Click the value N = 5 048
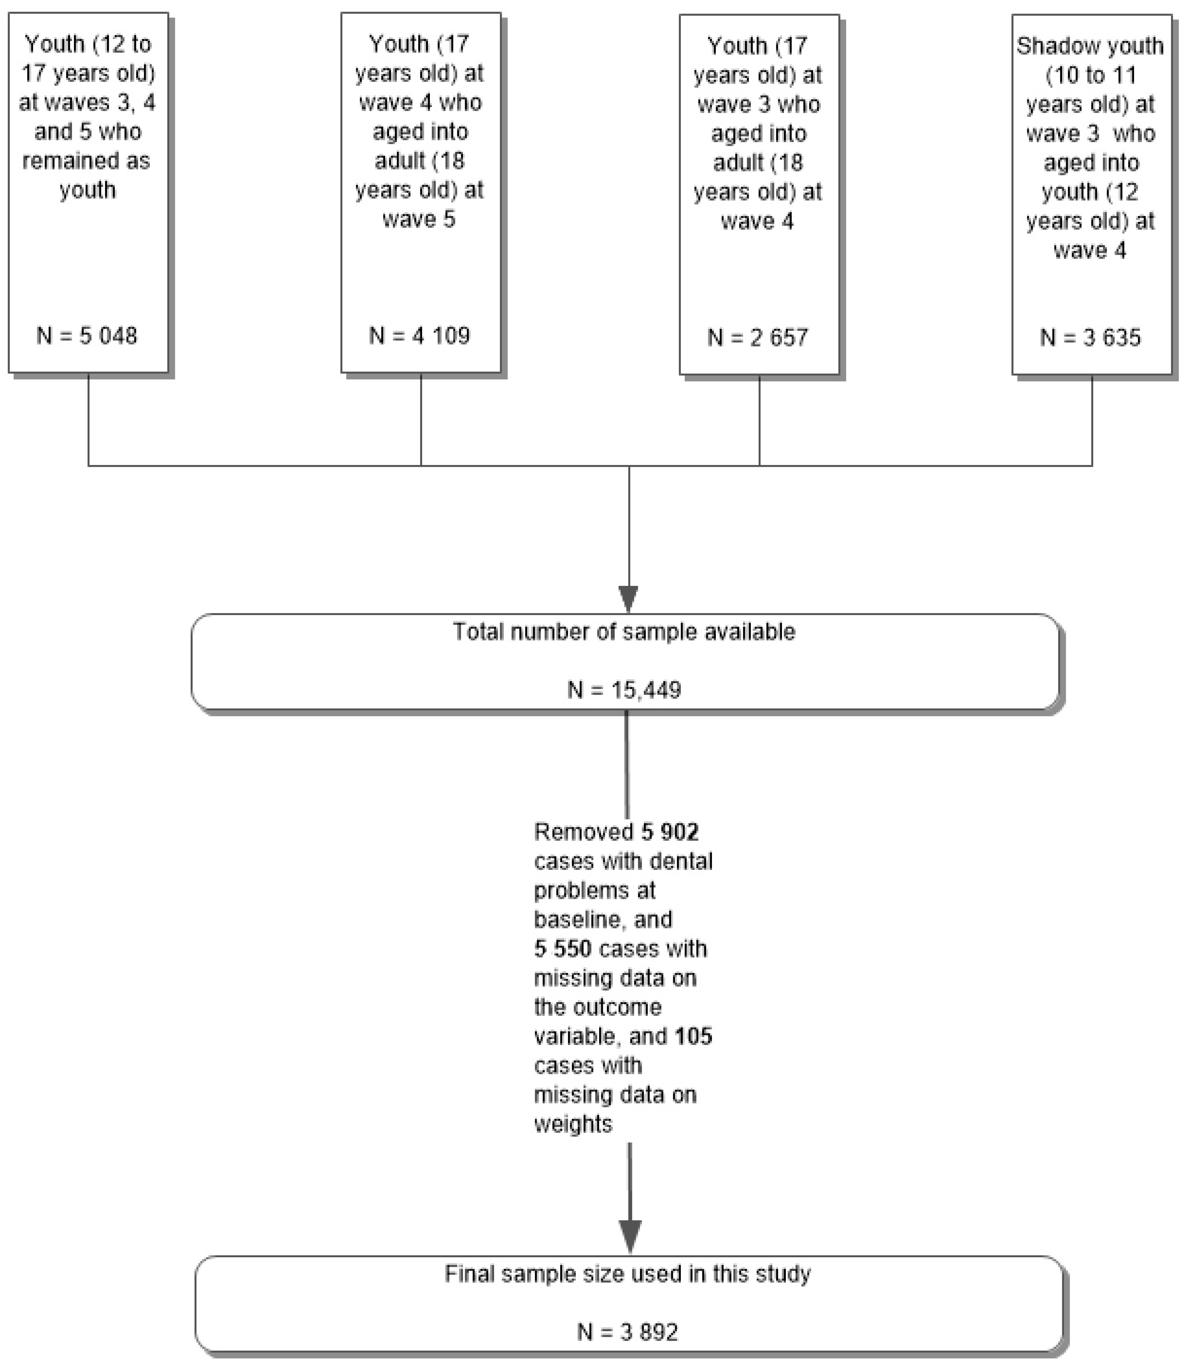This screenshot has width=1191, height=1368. tap(87, 336)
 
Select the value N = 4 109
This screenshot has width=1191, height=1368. tap(420, 336)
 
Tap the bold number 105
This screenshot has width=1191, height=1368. tap(693, 1036)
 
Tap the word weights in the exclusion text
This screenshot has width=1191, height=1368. tap(573, 1124)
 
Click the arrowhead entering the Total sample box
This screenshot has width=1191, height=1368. tap(629, 598)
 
